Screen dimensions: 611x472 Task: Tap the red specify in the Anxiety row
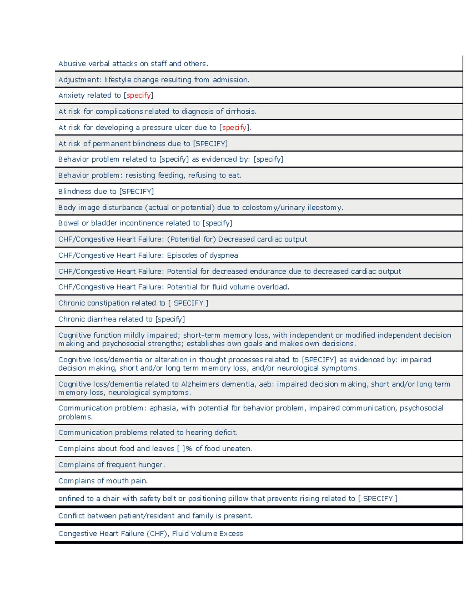pyautogui.click(x=138, y=96)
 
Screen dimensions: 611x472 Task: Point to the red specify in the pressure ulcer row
pyautogui.click(x=234, y=128)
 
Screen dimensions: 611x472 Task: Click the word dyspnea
pyautogui.click(x=223, y=255)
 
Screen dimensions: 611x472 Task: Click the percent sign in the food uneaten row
pyautogui.click(x=189, y=449)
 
